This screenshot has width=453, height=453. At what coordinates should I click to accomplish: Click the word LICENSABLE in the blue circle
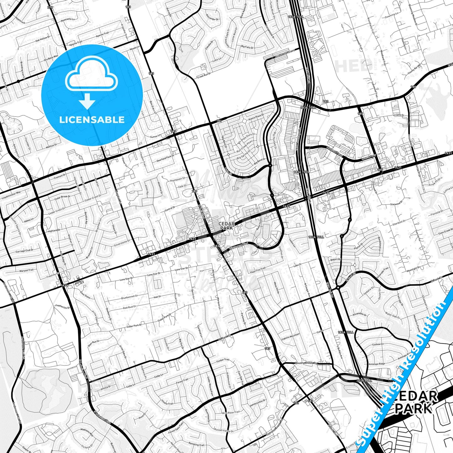pyautogui.click(x=92, y=120)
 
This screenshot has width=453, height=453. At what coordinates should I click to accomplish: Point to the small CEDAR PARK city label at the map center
pyautogui.click(x=226, y=226)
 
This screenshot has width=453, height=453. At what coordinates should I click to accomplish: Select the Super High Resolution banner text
pyautogui.click(x=404, y=370)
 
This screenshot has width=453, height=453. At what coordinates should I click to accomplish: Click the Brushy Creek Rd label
pyautogui.click(x=306, y=363)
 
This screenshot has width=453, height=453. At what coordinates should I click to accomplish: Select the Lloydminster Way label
pyautogui.click(x=11, y=194)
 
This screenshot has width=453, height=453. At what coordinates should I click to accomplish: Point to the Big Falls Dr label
pyautogui.click(x=247, y=47)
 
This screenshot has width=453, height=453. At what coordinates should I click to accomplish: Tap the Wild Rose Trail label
pyautogui.click(x=231, y=413)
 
